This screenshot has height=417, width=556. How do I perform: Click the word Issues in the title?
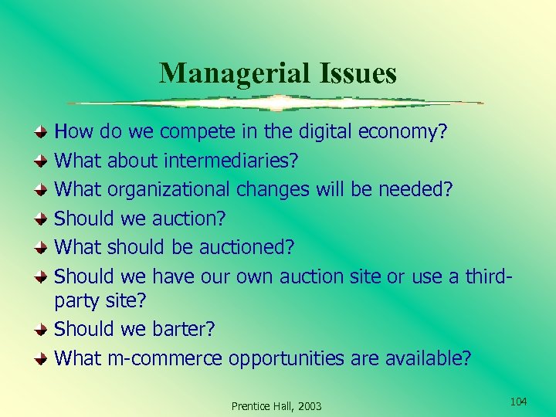(x=358, y=73)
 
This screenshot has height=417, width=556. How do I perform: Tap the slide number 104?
(x=519, y=402)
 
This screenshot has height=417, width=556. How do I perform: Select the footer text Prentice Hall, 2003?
(x=276, y=406)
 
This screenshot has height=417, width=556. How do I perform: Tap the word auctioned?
(x=246, y=247)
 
